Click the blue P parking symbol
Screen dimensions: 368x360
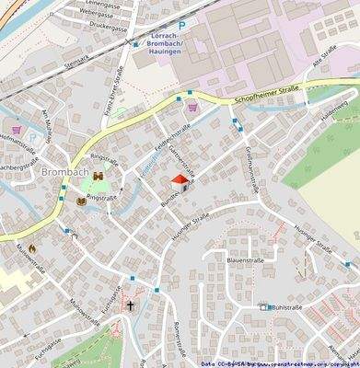tap(181, 27)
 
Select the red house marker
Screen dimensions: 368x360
tap(179, 184)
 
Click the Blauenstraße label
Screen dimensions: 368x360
tap(246, 261)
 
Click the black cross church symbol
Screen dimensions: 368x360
tap(131, 304)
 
